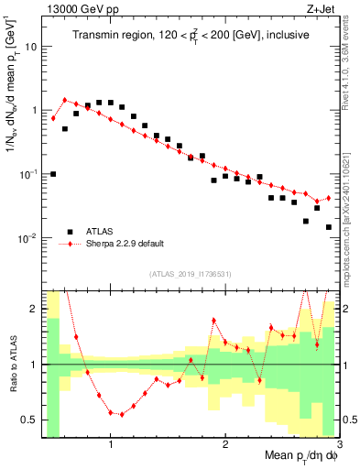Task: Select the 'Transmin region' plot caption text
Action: coord(191,36)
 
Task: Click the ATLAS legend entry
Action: coord(102,231)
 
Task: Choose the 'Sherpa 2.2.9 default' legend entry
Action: coord(128,245)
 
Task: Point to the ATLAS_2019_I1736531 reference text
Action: coord(191,274)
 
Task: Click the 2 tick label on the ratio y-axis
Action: coord(34,309)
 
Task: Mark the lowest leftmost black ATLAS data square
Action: coord(53,174)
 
